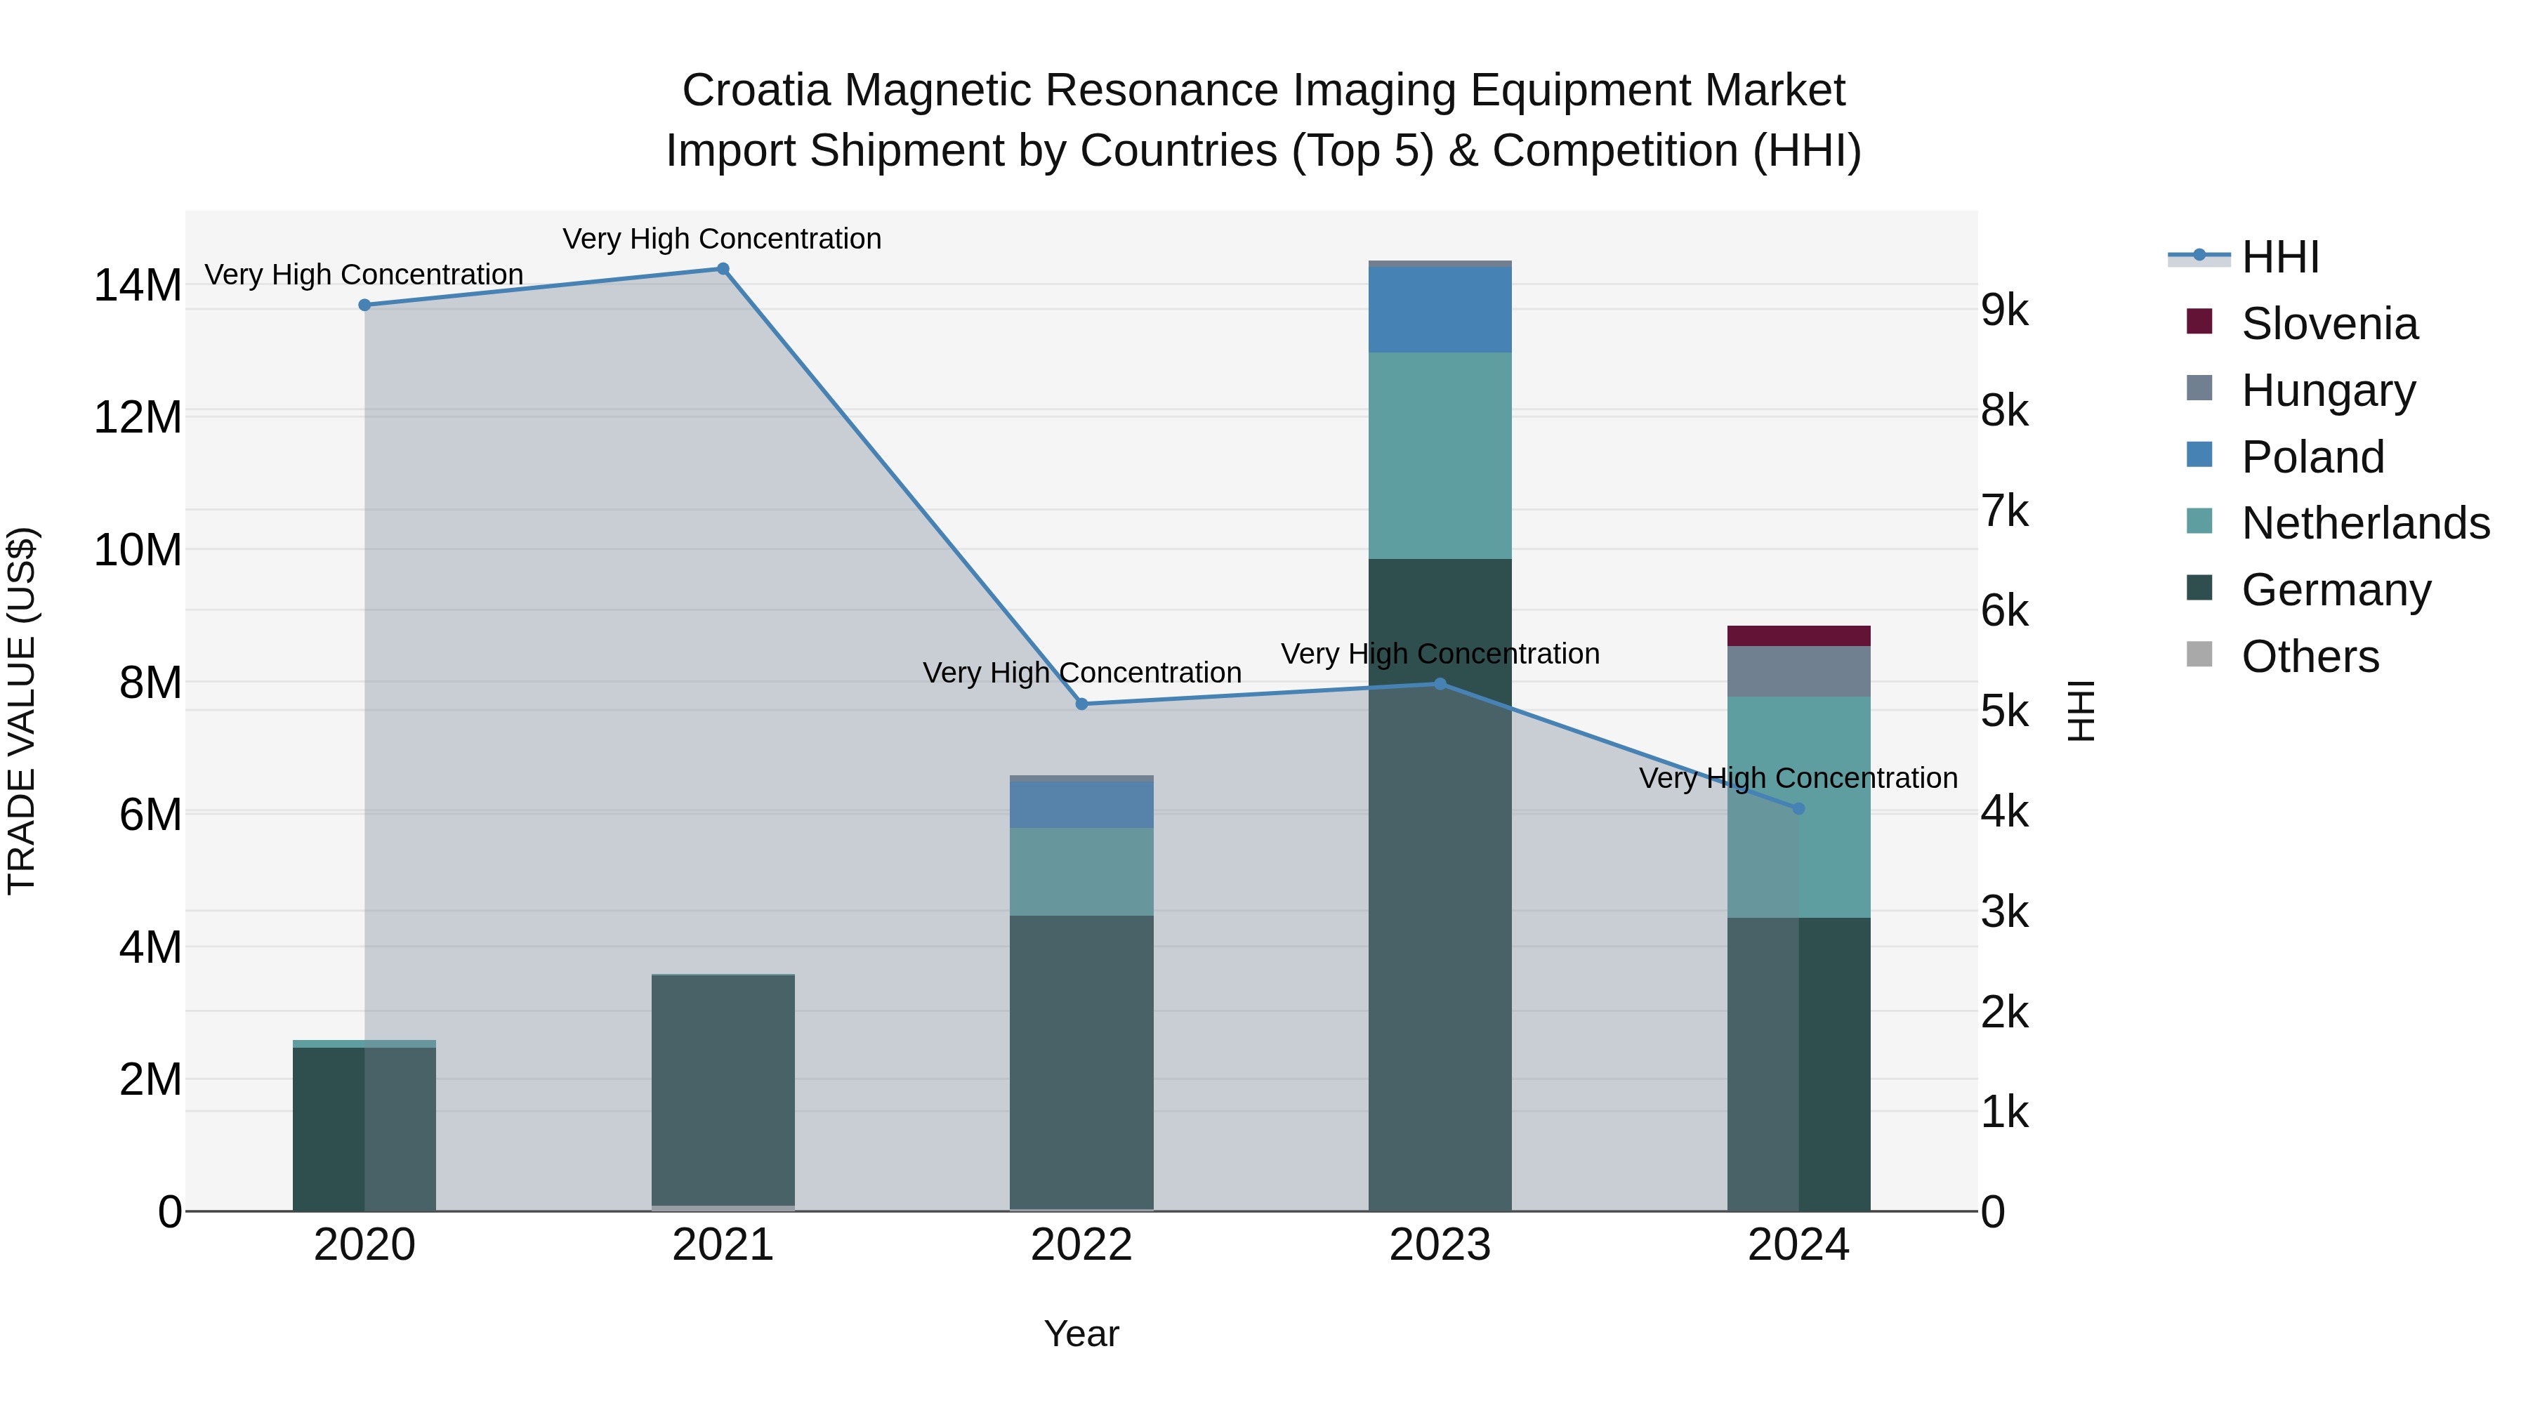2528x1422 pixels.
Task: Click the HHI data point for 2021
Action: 723,269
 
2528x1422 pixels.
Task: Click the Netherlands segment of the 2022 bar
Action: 1081,871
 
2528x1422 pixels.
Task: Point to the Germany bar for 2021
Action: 723,1089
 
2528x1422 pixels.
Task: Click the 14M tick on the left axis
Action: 138,286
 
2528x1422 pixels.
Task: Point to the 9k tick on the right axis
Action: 2004,310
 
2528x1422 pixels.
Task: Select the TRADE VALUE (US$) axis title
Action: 22,711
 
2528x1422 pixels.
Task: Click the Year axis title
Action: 1081,1334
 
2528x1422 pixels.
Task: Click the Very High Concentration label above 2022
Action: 1081,673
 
